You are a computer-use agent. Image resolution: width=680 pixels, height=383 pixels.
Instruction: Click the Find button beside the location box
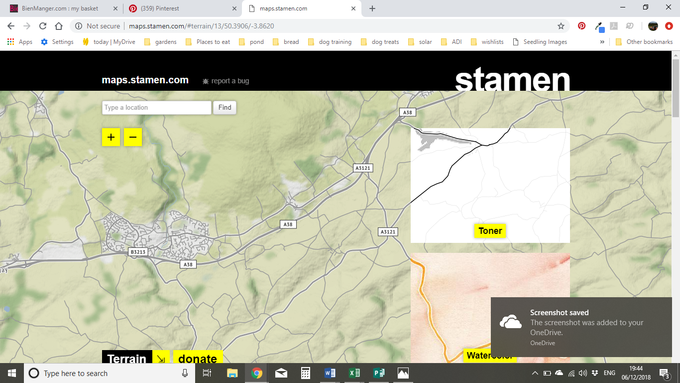coord(225,107)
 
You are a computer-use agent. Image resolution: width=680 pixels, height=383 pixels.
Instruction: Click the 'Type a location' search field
coord(157,107)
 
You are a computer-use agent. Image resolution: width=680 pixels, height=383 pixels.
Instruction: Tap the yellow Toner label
coord(490,231)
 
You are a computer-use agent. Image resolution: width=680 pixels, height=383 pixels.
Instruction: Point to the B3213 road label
coord(138,252)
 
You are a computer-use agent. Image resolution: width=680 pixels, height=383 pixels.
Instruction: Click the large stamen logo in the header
coord(512,80)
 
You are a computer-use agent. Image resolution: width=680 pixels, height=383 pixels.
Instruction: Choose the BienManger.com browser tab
coord(60,8)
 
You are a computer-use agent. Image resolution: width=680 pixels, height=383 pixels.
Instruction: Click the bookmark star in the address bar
coord(561,26)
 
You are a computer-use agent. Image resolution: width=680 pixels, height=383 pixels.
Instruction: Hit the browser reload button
coord(43,26)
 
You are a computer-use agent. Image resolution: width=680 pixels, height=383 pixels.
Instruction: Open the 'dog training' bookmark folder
coord(335,42)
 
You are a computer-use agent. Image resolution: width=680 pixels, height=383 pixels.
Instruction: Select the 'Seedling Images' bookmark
coord(545,42)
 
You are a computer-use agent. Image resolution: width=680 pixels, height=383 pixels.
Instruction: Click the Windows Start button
coord(12,373)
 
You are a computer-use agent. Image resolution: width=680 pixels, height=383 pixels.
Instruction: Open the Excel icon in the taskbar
coord(354,373)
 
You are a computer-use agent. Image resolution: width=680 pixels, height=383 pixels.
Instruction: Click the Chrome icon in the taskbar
coord(257,373)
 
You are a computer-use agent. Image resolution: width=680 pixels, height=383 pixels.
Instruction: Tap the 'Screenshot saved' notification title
coord(559,313)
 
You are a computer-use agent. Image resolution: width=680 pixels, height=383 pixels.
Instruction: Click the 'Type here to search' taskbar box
coord(100,373)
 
